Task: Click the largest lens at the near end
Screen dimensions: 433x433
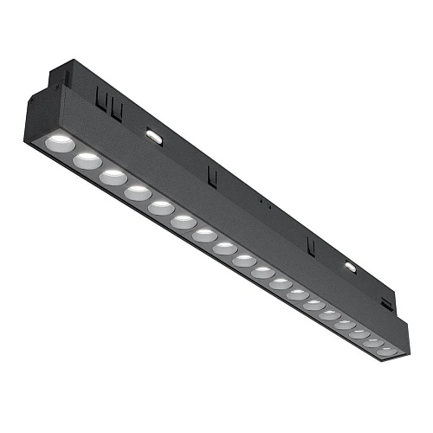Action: [61, 141]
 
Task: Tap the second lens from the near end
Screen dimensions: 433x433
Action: [86, 159]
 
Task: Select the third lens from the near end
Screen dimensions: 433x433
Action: [112, 177]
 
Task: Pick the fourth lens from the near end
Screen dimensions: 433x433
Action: [136, 192]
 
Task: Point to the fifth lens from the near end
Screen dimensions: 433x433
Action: [159, 208]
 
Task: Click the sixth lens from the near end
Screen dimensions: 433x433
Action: [182, 223]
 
